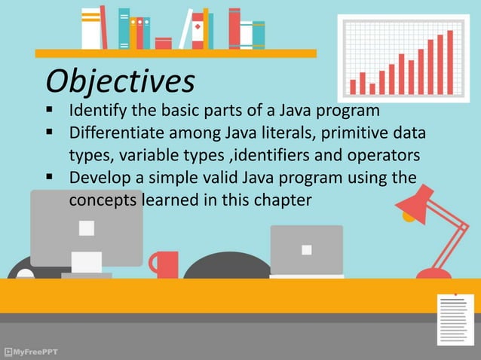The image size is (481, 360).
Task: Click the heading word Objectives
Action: tap(119, 80)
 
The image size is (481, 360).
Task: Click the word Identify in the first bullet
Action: tap(97, 112)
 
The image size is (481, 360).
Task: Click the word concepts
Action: tap(102, 201)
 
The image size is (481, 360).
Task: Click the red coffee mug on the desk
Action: tap(165, 264)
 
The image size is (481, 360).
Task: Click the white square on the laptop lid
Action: tap(306, 249)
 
